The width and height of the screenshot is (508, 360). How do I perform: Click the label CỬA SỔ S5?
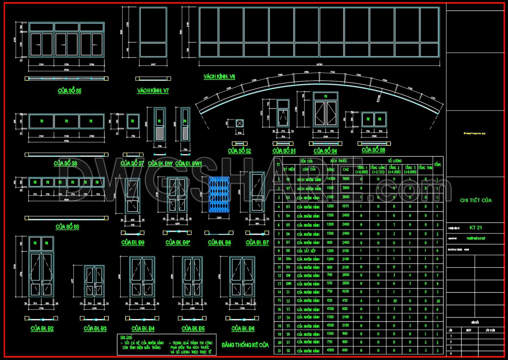point(69,91)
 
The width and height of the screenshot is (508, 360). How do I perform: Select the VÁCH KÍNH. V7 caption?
point(153,91)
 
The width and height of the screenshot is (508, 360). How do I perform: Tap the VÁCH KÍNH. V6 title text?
point(219,77)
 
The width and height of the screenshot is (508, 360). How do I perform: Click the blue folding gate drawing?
point(219,194)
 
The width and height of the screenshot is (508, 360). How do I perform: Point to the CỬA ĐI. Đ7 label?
point(257,242)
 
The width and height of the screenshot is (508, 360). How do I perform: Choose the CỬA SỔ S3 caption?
point(67,227)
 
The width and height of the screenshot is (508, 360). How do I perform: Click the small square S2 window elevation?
point(239,123)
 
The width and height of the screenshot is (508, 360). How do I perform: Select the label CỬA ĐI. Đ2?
point(42,328)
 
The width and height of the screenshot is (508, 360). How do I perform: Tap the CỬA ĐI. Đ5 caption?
point(193,328)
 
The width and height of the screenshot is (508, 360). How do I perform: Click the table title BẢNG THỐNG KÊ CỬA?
point(245,345)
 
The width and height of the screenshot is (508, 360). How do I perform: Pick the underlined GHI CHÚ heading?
point(126,337)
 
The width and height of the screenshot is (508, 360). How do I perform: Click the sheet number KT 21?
point(475,228)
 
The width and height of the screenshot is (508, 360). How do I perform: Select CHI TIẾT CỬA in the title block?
point(475,200)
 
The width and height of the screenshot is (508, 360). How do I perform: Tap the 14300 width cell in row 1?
point(331,179)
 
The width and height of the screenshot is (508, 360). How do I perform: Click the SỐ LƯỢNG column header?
point(395,161)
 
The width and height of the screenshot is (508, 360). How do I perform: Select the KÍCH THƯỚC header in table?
point(338,161)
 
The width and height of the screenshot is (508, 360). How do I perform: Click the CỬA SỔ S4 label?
point(325,151)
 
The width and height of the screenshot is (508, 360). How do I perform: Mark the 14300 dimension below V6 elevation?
point(319,64)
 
